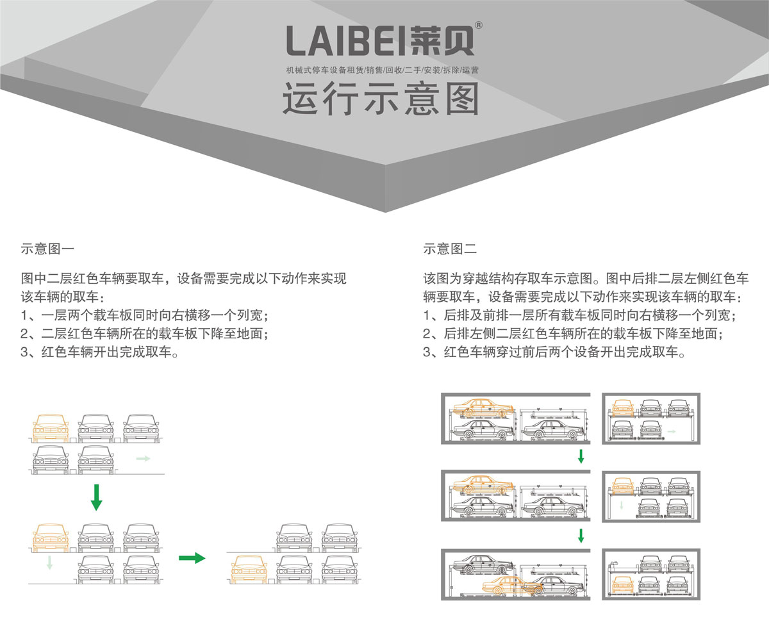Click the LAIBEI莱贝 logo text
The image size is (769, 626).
[x=381, y=41]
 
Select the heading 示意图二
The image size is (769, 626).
[x=450, y=249]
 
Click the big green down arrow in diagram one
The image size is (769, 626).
[x=96, y=497]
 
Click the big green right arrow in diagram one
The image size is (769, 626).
[x=192, y=558]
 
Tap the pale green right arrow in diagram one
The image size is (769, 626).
[x=143, y=459]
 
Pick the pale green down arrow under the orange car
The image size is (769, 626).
[x=49, y=563]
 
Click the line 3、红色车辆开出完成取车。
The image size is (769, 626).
[x=98, y=352]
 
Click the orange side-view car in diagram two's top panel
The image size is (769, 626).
[x=483, y=408]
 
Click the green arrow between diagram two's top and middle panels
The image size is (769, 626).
[x=581, y=457]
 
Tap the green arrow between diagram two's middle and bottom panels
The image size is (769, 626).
[x=581, y=536]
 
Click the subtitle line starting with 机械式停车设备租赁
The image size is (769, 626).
[x=382, y=69]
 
